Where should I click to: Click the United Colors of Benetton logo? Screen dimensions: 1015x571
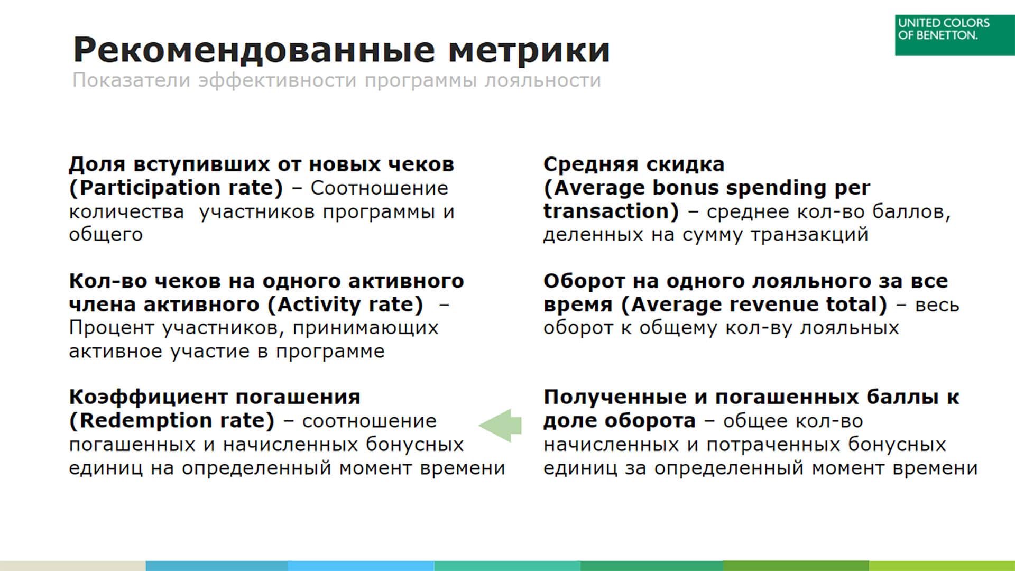click(955, 35)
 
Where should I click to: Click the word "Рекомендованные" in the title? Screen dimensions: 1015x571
click(254, 50)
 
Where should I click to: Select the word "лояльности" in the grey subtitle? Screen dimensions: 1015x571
click(543, 81)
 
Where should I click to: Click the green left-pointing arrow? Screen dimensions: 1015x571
click(500, 425)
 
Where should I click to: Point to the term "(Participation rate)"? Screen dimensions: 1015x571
click(176, 188)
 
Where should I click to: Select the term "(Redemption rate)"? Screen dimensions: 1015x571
click(172, 421)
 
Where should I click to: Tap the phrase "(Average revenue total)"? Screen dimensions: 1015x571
click(754, 305)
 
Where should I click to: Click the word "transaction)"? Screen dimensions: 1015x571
click(611, 211)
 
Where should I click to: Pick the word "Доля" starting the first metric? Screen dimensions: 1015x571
click(97, 164)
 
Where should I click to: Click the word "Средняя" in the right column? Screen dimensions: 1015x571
click(591, 164)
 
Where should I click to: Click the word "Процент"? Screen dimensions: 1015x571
click(112, 328)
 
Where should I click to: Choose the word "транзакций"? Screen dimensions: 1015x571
click(809, 235)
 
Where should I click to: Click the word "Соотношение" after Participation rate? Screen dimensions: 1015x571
click(379, 188)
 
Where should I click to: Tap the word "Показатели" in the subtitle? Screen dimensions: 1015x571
click(132, 80)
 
